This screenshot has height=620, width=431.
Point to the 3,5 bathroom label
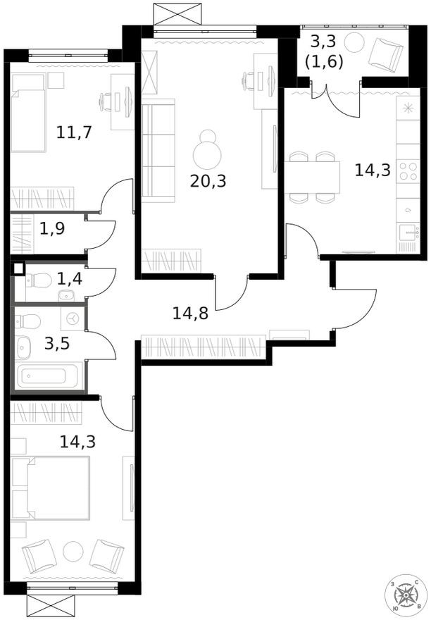[56, 345]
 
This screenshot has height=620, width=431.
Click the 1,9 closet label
[52, 228]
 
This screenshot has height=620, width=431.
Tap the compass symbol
[407, 596]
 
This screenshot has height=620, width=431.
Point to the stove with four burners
[408, 171]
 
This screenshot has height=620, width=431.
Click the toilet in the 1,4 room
[39, 280]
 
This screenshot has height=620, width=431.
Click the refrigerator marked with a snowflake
[408, 112]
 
